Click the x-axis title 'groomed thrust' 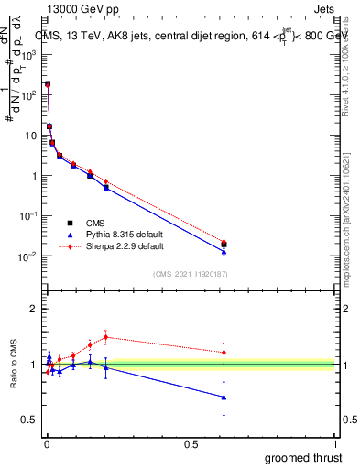coord(303,457)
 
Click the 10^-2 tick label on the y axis coord(28,256)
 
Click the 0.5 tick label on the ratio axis coord(27,420)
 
